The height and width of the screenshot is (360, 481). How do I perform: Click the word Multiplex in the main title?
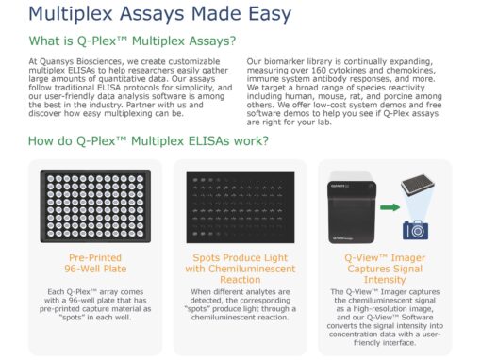point(71,14)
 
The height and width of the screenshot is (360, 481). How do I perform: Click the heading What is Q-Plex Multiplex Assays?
point(132,41)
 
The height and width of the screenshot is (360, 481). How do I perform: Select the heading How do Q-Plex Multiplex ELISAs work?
point(148,140)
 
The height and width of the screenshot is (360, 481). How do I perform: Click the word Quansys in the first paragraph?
point(57,61)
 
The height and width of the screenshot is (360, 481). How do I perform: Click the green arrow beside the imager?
point(390,207)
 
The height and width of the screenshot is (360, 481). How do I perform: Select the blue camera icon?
point(415,230)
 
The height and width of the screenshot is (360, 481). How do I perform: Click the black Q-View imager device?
point(352,208)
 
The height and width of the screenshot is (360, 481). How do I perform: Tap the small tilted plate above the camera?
point(418,186)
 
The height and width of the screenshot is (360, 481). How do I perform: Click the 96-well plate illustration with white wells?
point(95,206)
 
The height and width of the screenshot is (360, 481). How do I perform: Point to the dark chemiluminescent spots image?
point(240,207)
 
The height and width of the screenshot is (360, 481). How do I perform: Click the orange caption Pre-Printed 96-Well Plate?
point(95,263)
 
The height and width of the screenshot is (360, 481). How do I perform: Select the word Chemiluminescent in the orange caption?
point(252,269)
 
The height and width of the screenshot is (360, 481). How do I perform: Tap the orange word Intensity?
point(385,280)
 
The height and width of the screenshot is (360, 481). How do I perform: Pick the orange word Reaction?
point(240,280)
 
